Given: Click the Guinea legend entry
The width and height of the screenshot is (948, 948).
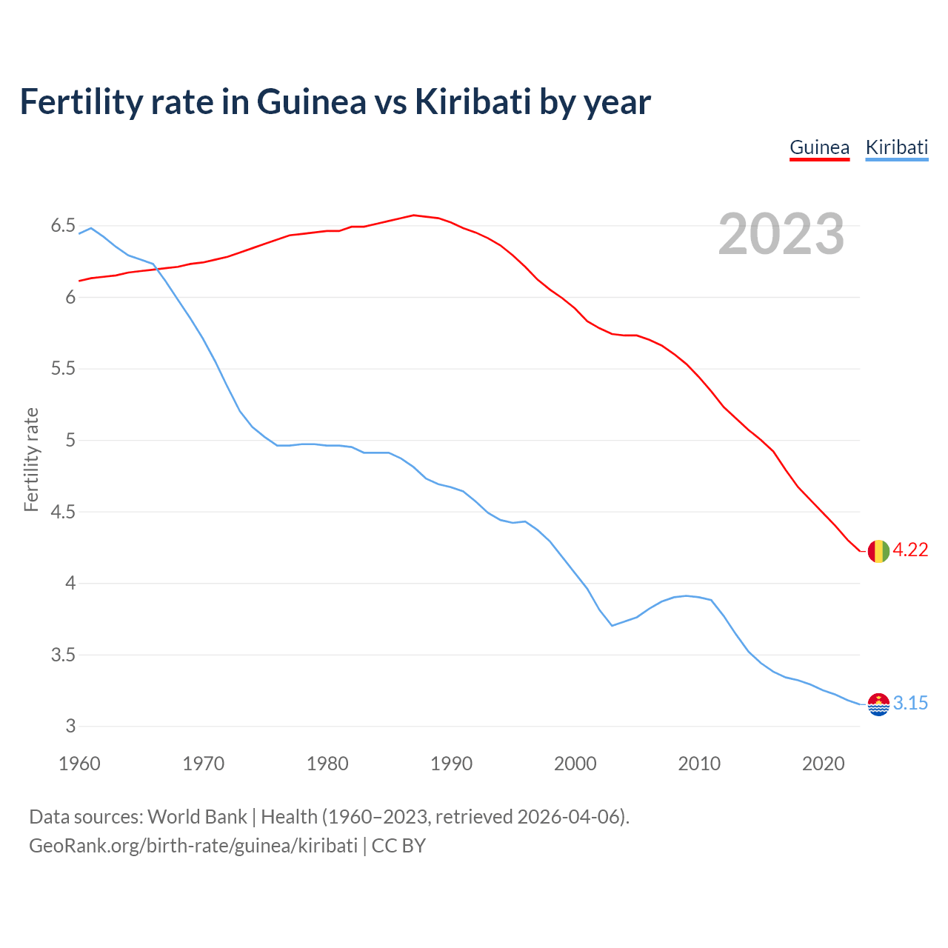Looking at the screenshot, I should (x=819, y=147).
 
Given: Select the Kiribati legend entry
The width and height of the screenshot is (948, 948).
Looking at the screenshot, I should (x=896, y=147).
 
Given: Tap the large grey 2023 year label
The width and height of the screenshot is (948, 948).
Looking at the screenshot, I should (x=781, y=234).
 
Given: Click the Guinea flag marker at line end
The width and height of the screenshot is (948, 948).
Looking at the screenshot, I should (x=878, y=551).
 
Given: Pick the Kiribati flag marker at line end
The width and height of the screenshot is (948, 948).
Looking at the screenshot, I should (x=878, y=704).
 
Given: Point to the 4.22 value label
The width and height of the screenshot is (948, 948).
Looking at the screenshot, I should (x=910, y=550).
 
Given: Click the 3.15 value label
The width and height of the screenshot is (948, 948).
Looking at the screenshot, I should (x=910, y=704).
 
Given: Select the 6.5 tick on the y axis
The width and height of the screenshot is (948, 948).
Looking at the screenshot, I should (x=63, y=226).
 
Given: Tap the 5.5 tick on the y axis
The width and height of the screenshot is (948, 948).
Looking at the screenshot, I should (x=63, y=369).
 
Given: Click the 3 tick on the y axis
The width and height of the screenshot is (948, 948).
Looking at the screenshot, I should (x=70, y=727).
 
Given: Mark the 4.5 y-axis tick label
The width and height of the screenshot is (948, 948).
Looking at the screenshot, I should (x=63, y=512).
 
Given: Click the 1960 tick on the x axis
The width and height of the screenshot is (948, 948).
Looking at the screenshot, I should (x=79, y=764).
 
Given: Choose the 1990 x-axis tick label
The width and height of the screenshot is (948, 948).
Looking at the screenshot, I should (x=451, y=764).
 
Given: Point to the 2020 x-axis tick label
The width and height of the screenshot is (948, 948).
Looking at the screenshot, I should (x=823, y=764).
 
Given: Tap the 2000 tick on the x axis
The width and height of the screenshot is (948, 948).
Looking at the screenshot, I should (x=575, y=764).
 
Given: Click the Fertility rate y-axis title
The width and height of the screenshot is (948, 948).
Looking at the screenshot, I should (x=31, y=459).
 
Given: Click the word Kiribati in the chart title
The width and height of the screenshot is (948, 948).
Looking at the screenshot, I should (x=473, y=101).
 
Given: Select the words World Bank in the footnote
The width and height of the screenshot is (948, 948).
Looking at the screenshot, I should (x=197, y=817).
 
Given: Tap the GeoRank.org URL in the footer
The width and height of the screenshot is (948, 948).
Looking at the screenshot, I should (x=193, y=846).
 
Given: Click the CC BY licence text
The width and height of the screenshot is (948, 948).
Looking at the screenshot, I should (x=398, y=846).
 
